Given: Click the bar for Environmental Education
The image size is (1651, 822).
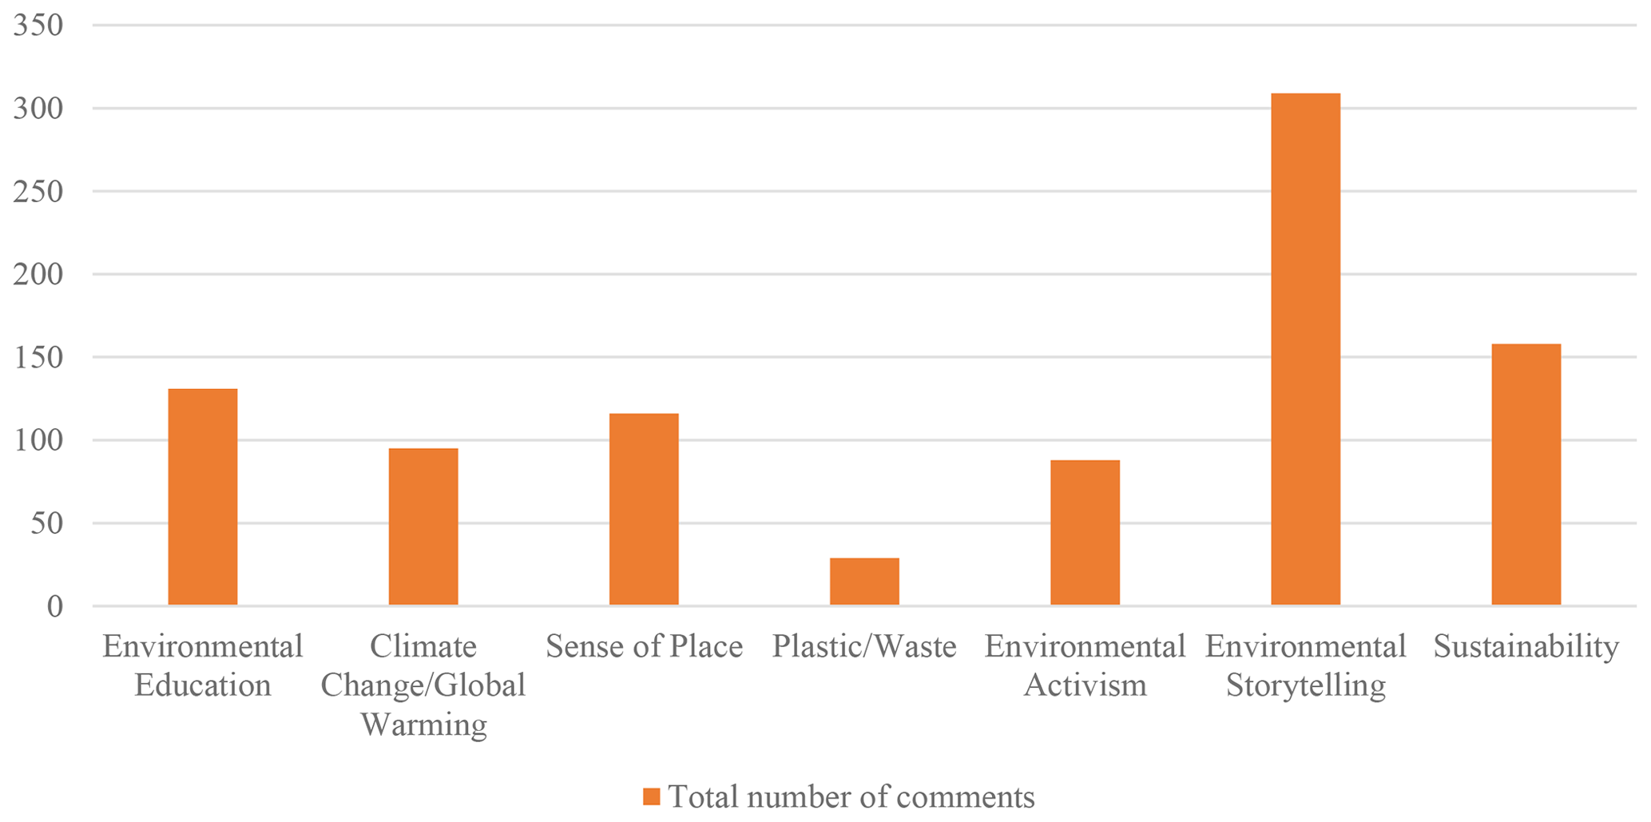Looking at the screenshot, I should click(x=202, y=497).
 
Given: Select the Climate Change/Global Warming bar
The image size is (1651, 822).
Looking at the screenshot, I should click(x=423, y=526).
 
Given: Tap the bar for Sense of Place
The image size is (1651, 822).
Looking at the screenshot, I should click(x=644, y=509).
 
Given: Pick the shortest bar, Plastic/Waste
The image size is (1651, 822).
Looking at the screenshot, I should click(x=864, y=582).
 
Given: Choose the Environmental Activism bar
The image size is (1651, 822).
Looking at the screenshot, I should click(x=1085, y=533).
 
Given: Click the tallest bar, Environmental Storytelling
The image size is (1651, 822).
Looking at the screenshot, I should click(x=1305, y=349).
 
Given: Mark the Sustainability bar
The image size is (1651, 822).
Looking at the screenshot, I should click(x=1526, y=475).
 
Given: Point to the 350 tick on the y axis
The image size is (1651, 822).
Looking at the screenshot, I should click(x=38, y=26).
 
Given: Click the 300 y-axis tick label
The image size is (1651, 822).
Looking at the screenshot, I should click(x=38, y=109).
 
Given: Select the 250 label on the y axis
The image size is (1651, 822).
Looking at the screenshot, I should click(x=38, y=192).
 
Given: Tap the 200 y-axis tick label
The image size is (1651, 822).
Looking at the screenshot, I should click(x=38, y=275).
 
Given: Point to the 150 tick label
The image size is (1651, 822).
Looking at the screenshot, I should click(x=38, y=358).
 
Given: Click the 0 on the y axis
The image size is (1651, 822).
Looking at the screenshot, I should click(x=54, y=607).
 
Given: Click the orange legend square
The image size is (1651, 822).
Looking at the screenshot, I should click(x=652, y=796).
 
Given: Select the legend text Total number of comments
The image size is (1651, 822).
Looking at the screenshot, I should click(x=851, y=796).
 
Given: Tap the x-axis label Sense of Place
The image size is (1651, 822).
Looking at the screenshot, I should click(x=644, y=646).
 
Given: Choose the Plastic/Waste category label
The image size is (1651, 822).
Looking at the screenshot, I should click(x=864, y=646).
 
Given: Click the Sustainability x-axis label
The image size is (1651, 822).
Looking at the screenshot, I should click(x=1526, y=646).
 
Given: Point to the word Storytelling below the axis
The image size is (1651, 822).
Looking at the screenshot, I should click(x=1305, y=685).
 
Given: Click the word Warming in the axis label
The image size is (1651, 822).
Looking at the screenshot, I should click(x=423, y=725).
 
